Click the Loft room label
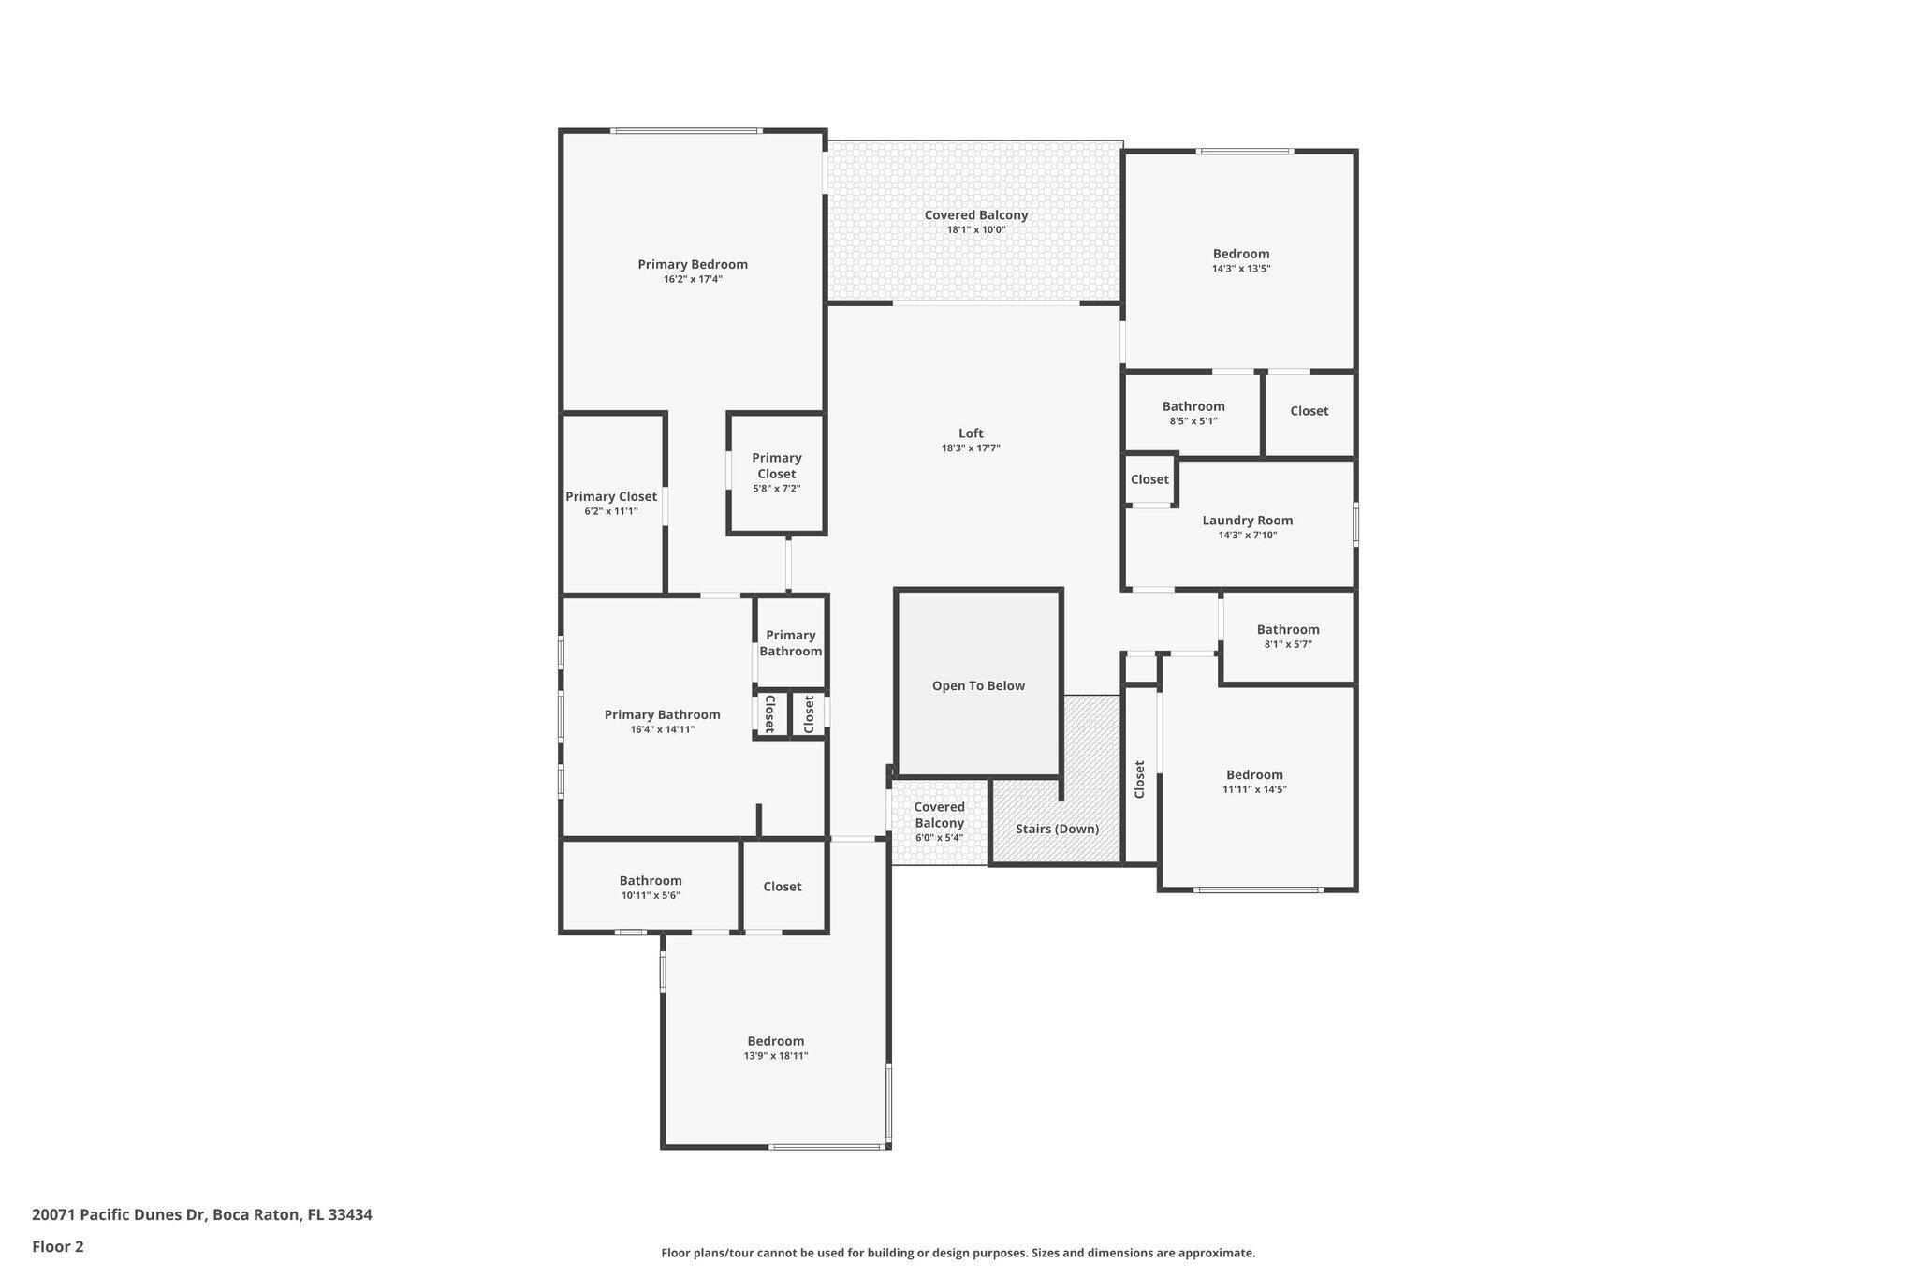coord(971,433)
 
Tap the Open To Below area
coord(978,685)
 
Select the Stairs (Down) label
coord(1057,829)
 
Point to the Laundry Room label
coord(1247,521)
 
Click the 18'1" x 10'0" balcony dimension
coord(975,230)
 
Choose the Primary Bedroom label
coord(693,264)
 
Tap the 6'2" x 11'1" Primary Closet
coord(611,504)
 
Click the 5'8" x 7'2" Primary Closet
coord(776,473)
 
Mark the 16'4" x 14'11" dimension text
coord(662,730)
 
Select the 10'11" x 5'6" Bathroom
coord(651,887)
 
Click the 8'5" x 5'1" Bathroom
coord(1193,413)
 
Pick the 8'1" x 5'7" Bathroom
coord(1288,636)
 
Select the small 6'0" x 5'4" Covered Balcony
coord(939,821)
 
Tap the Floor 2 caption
coord(58,1246)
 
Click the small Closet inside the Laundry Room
coord(1149,479)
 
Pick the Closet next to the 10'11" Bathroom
coord(783,887)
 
